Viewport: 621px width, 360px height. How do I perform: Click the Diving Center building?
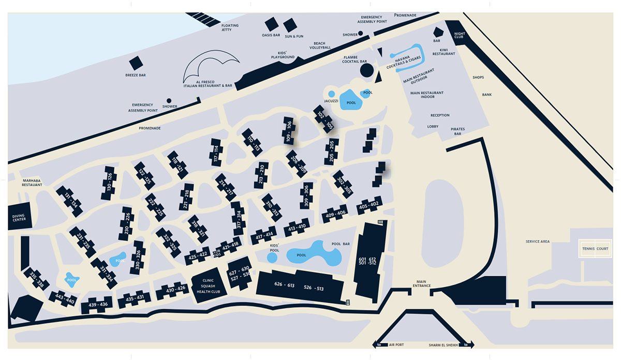(x=20, y=216)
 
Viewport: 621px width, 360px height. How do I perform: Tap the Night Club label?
(x=460, y=35)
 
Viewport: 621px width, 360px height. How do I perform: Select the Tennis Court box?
(x=595, y=249)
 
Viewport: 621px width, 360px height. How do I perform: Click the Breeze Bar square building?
(x=136, y=63)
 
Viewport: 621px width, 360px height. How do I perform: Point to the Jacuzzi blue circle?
(x=331, y=94)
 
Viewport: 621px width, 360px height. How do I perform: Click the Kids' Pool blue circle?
(x=272, y=258)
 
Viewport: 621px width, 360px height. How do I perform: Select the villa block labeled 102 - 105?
(x=324, y=118)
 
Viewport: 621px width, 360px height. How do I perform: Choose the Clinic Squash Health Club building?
(x=209, y=286)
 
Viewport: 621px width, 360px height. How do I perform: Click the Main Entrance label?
(x=421, y=283)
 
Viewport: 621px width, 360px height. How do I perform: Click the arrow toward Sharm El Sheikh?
(x=466, y=345)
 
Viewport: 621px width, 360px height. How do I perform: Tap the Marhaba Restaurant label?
(x=32, y=183)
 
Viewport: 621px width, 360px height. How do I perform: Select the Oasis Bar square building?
(x=272, y=24)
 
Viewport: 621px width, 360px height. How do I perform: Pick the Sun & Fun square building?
(x=290, y=25)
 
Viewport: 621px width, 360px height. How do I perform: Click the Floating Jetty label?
(x=230, y=27)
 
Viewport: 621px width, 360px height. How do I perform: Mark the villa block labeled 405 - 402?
(x=369, y=205)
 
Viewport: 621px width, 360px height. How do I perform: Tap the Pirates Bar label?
(x=457, y=131)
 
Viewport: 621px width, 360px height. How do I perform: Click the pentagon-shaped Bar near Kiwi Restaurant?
(x=438, y=32)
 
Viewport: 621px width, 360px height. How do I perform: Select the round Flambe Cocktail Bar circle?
(x=367, y=70)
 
